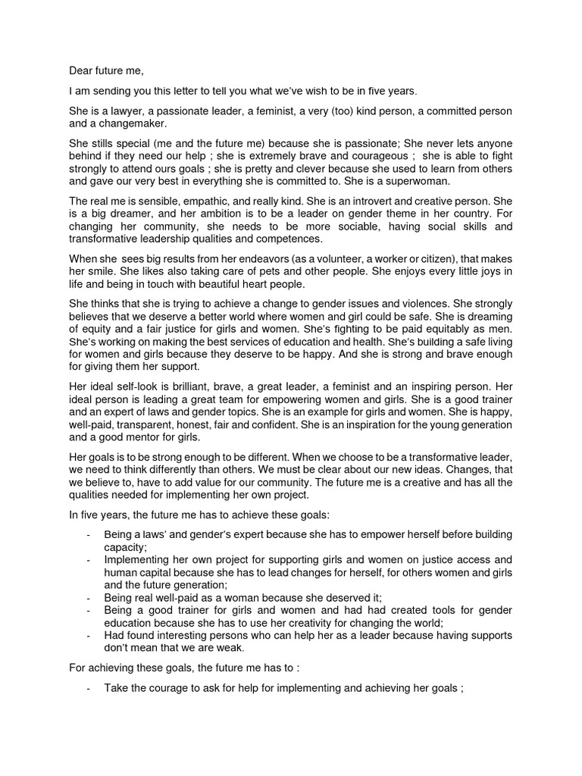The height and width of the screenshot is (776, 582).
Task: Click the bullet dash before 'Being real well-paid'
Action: tap(90, 597)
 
